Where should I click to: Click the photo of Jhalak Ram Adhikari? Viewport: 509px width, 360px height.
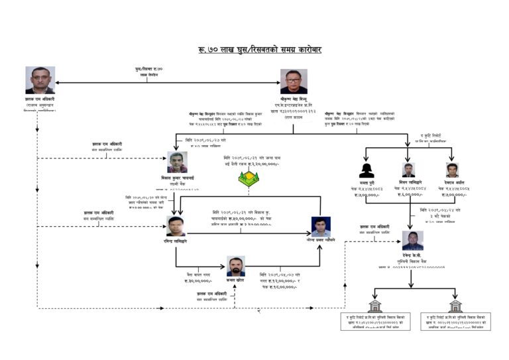[x=40, y=80]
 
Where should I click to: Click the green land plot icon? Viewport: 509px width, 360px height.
[x=249, y=178]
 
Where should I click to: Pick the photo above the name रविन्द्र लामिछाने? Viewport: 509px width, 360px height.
[x=176, y=226]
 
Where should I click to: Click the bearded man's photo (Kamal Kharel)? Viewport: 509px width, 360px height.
[x=235, y=266]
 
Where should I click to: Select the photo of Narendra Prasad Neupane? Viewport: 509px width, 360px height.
[x=321, y=227]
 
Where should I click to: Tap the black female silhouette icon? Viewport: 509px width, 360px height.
[x=367, y=170]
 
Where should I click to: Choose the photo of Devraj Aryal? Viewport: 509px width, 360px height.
[x=452, y=170]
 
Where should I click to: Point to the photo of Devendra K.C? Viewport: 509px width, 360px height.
[x=412, y=241]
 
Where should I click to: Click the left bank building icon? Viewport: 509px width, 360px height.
[x=374, y=306]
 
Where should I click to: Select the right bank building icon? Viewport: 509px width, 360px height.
[x=456, y=306]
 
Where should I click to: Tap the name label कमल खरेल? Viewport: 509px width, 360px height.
[x=235, y=280]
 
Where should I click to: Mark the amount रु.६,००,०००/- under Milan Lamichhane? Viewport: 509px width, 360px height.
[x=411, y=194]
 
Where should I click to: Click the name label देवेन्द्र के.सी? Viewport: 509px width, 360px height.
[x=412, y=255]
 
